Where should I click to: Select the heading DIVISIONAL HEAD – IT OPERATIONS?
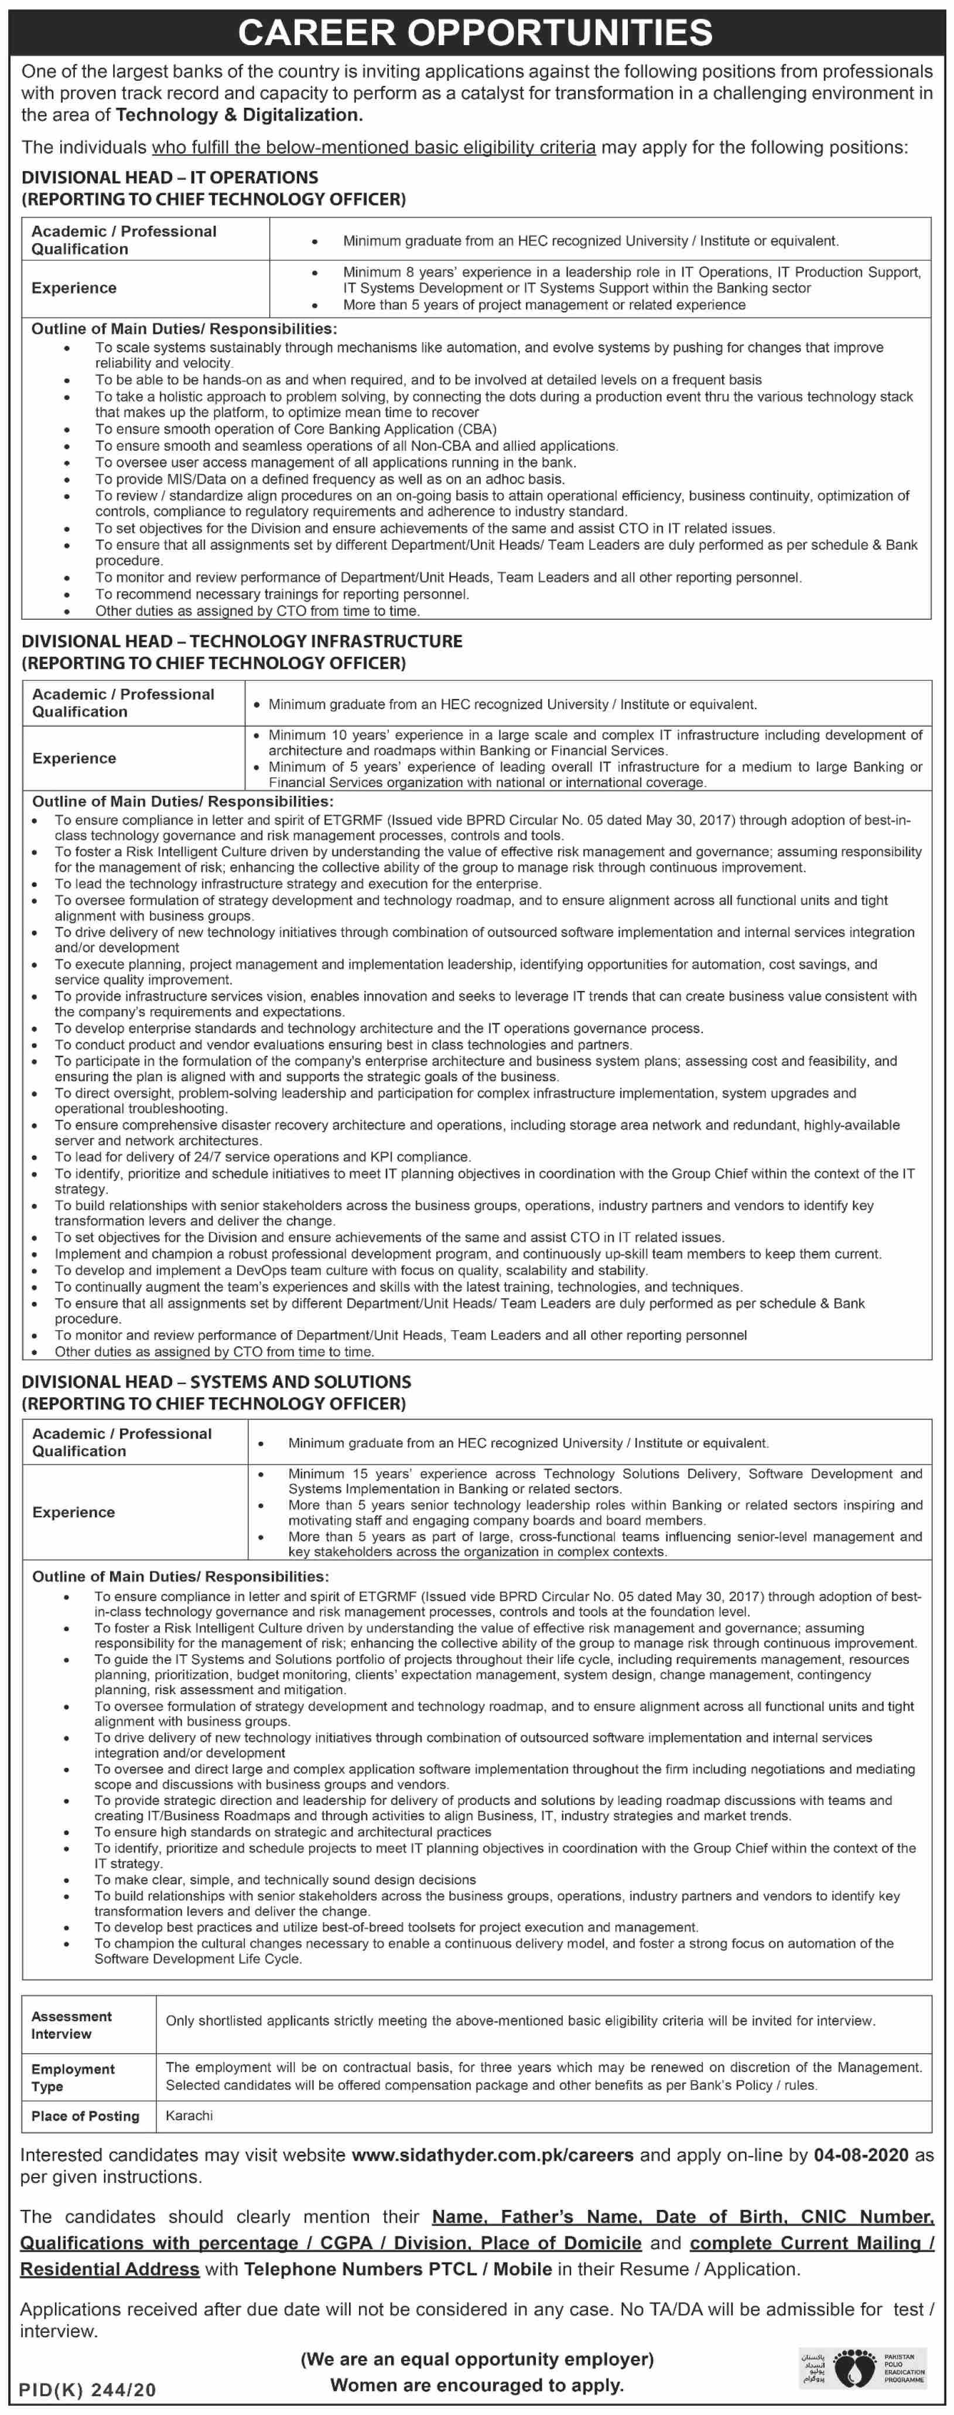170,177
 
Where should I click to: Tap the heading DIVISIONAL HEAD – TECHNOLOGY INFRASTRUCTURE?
242,641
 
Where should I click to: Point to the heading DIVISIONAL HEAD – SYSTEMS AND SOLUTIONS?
217,1382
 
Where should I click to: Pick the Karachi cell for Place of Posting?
189,2115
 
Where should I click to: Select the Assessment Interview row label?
71,2025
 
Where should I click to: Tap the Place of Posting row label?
86,2116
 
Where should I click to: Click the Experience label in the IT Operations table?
74,288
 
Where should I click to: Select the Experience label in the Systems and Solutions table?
74,1512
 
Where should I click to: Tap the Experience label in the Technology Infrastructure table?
74,758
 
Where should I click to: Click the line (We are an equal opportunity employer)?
477,2359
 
